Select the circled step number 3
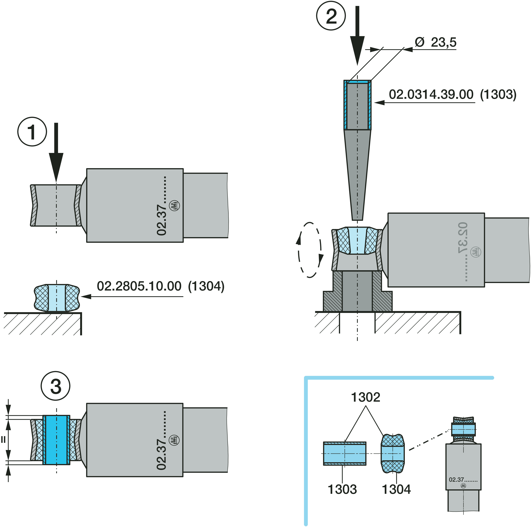56,386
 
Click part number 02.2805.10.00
139,286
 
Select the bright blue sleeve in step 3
56,440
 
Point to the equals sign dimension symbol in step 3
3,440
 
